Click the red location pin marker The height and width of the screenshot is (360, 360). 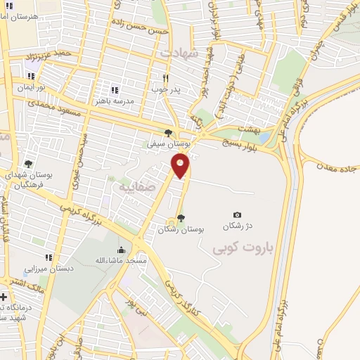pos(181,167)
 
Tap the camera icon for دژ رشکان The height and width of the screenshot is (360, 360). pos(237,215)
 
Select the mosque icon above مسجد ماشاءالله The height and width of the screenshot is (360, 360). pos(121,250)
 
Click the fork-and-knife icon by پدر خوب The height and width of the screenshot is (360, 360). pos(165,78)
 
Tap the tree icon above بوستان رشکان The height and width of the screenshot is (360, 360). pos(181,218)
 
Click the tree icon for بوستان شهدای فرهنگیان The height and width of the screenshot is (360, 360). pos(28,164)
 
